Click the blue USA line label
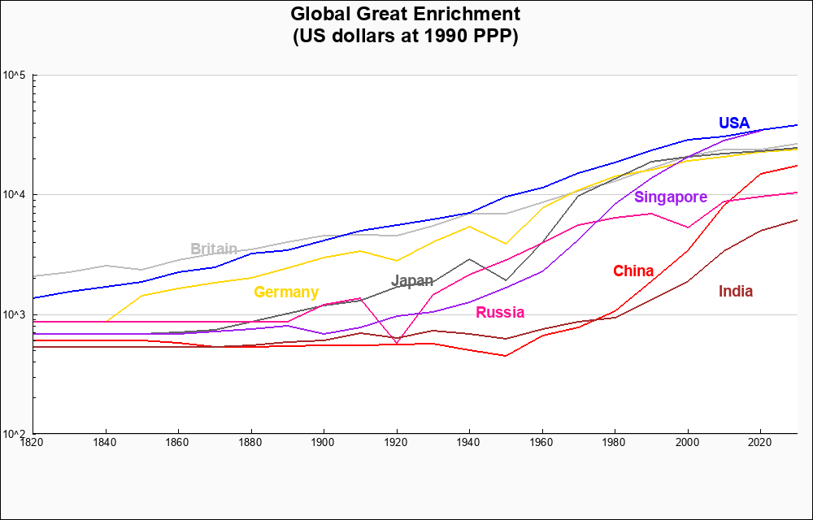tap(733, 123)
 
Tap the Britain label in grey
tap(214, 249)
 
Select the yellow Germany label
tap(286, 292)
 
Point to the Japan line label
tap(412, 281)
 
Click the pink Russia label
tap(500, 313)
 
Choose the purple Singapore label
tap(671, 197)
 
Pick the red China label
tap(633, 271)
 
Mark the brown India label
tap(736, 292)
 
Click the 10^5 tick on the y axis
tap(15, 76)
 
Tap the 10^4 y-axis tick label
tap(15, 195)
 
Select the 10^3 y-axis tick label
tap(15, 314)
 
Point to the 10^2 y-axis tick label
tap(15, 434)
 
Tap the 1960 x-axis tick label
tap(542, 443)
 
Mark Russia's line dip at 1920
tap(397, 343)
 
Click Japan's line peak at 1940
tap(469, 259)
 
